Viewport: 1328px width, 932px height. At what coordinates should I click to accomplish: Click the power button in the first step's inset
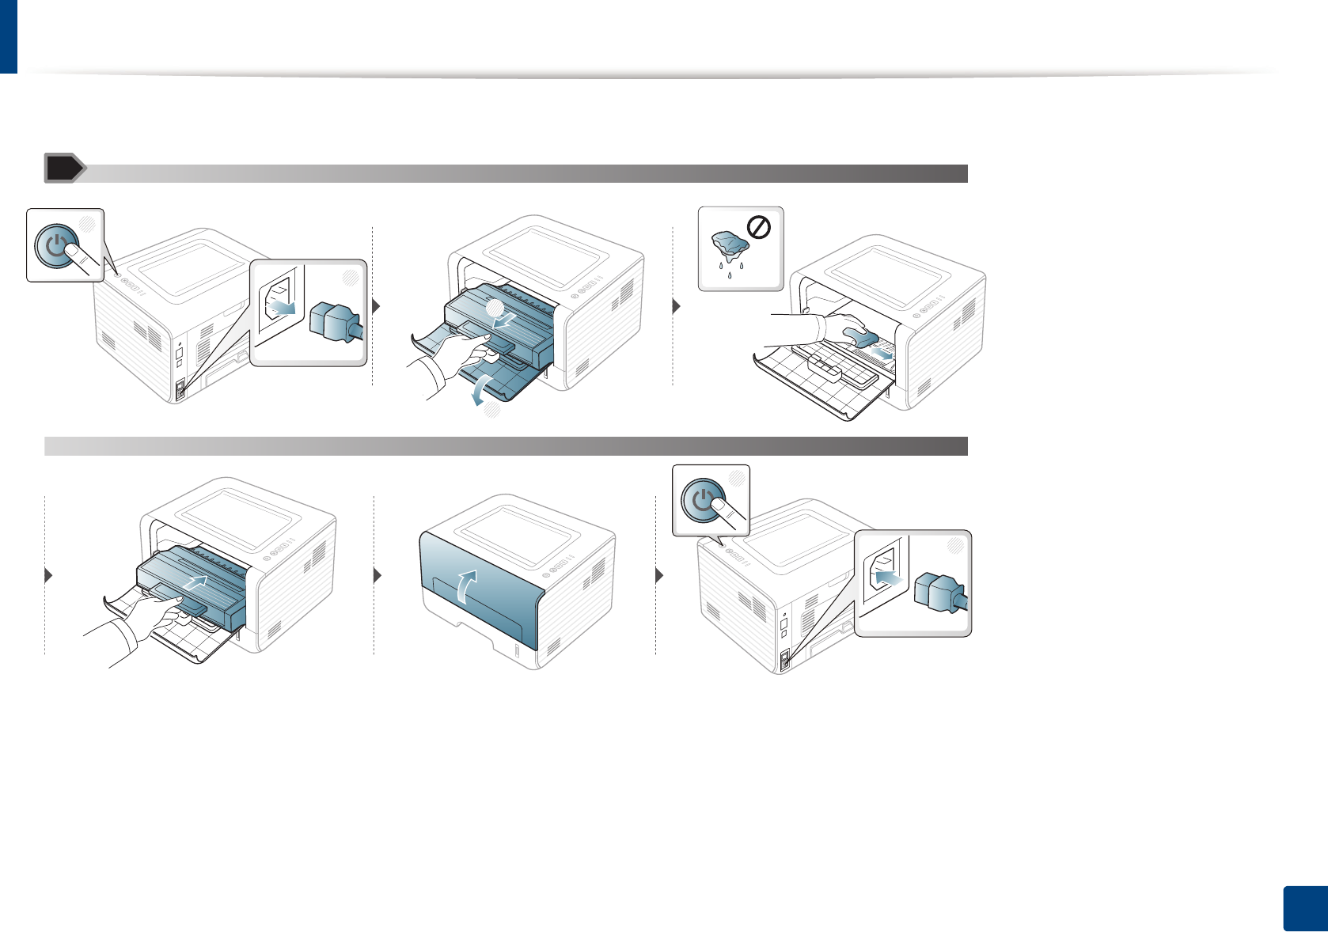pos(55,245)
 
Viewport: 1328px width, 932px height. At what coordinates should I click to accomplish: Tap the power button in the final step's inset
pos(702,501)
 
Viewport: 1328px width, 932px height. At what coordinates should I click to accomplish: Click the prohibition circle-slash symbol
pos(759,229)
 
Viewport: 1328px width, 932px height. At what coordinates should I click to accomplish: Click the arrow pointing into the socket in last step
pos(887,578)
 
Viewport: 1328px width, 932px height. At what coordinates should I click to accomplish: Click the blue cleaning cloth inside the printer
pos(860,337)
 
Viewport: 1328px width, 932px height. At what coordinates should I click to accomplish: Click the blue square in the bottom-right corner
pos(1304,908)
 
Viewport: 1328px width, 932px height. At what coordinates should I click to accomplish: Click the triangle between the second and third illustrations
pos(677,306)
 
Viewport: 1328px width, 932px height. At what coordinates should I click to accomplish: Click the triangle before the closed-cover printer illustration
pos(378,575)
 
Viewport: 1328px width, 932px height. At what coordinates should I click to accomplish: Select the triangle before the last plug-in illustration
pos(660,575)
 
